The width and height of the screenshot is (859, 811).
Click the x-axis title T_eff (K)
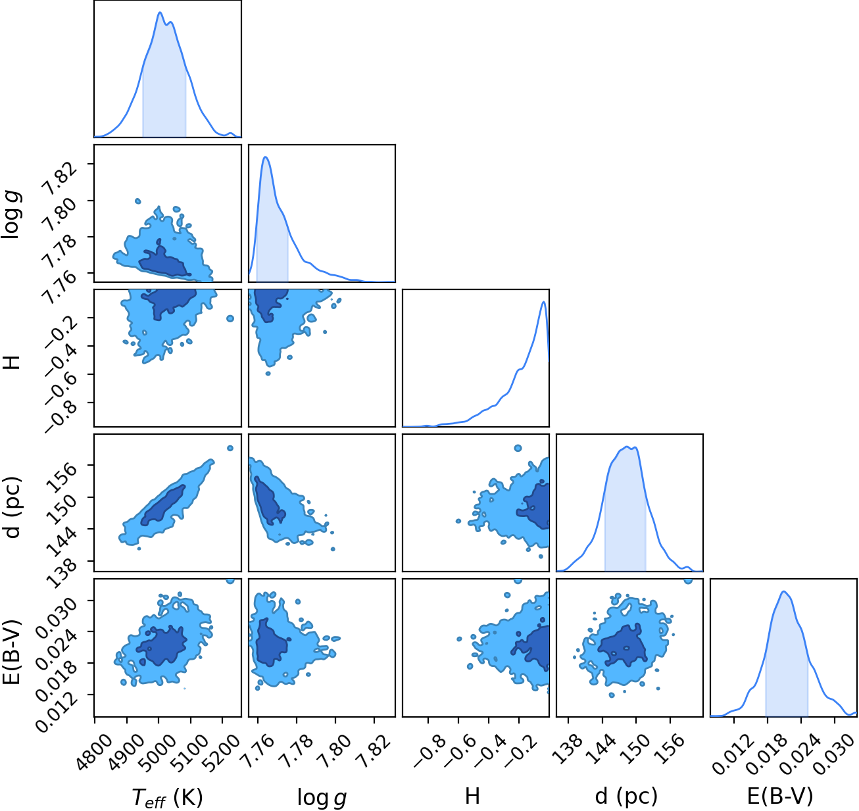167,797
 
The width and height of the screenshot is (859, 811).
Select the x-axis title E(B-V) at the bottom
780,795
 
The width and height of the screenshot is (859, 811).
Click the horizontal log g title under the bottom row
322,797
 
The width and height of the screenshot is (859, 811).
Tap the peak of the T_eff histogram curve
160,12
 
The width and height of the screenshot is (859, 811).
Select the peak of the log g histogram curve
266,157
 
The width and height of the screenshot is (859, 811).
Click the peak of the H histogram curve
544,301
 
